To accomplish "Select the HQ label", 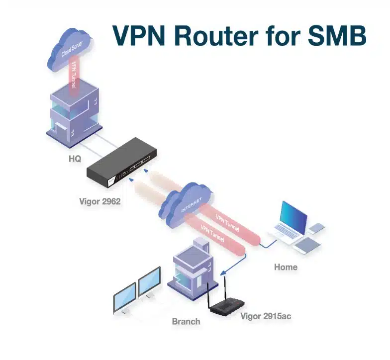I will [75, 159].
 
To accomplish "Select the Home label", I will [286, 267].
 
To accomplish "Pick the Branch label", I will [186, 321].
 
